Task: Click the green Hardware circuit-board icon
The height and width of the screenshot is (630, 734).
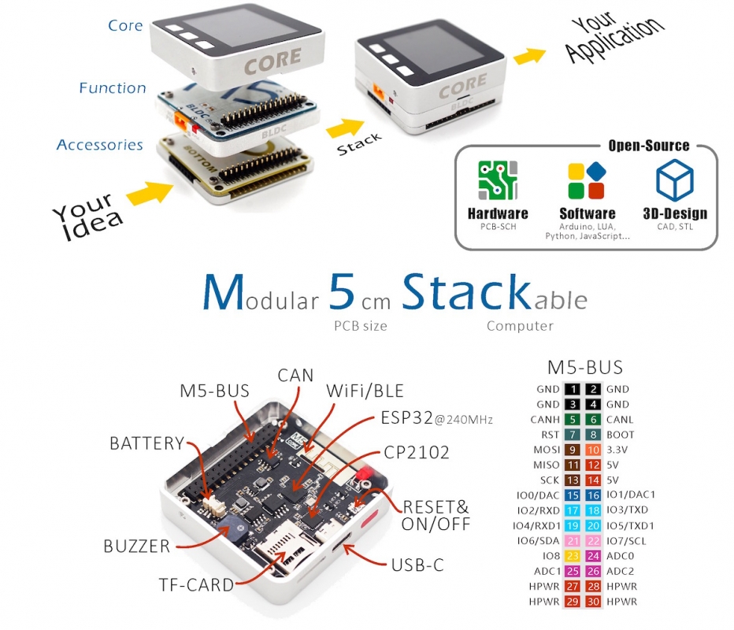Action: [x=498, y=180]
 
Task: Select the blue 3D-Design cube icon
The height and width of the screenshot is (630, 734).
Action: [x=675, y=180]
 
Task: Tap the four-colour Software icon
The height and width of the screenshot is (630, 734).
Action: [x=587, y=180]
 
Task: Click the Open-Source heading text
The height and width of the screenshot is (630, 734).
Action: [x=648, y=146]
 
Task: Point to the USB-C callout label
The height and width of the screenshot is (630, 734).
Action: [x=417, y=565]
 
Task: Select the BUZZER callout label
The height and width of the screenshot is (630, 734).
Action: [x=136, y=546]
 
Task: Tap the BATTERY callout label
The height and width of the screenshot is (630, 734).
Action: [x=146, y=443]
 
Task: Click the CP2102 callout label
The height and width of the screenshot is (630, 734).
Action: [x=417, y=453]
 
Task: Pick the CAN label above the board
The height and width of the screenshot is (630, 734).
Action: [x=295, y=376]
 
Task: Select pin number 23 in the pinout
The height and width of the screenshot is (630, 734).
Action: [x=572, y=556]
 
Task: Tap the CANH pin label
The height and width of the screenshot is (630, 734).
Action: [x=544, y=420]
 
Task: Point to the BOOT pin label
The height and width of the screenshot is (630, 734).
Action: [x=621, y=435]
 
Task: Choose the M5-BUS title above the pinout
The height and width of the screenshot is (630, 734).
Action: [x=584, y=367]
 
